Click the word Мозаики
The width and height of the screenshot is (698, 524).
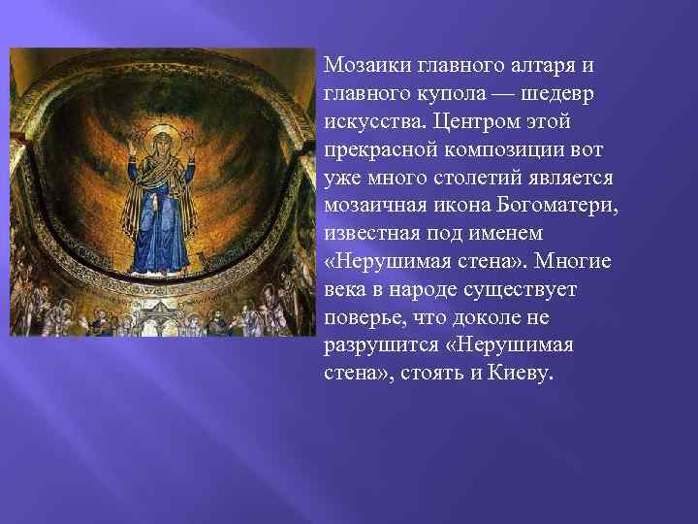pos(368,66)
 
